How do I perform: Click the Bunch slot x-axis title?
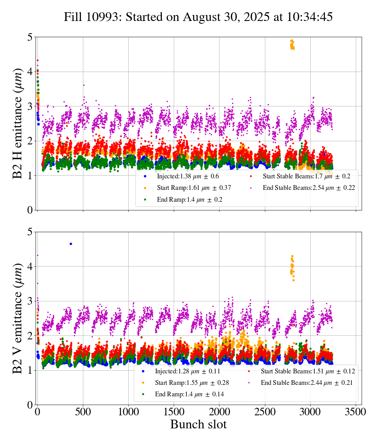pyautogui.click(x=199, y=424)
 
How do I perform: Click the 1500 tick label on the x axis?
pyautogui.click(x=174, y=411)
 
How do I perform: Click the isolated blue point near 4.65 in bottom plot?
pyautogui.click(x=71, y=244)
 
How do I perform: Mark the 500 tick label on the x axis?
pyautogui.click(x=83, y=411)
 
